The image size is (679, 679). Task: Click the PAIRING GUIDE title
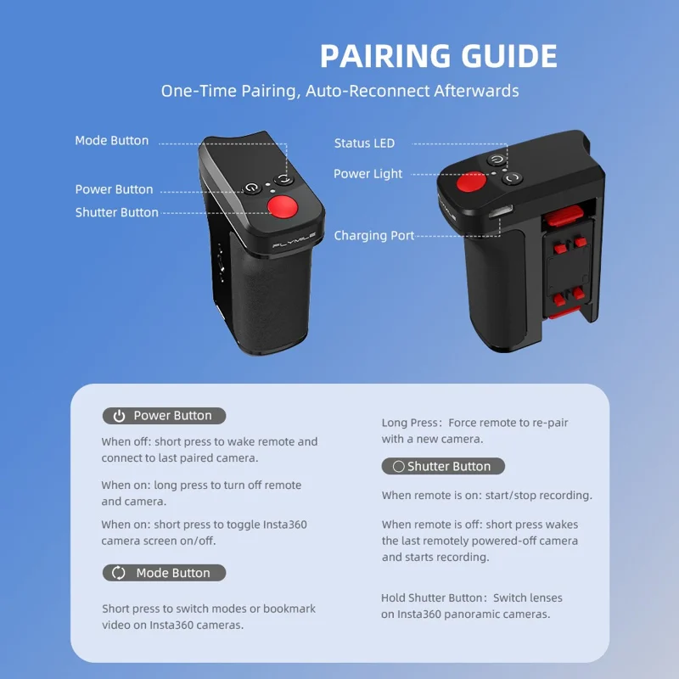(438, 56)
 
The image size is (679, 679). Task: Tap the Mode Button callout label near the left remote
(112, 140)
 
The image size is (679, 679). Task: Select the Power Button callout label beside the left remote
(114, 189)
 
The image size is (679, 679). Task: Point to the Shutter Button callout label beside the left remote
(117, 212)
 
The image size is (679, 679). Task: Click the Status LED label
(364, 143)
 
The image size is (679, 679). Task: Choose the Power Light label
(368, 174)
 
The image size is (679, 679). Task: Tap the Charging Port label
(374, 236)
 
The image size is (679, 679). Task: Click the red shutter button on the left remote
(283, 206)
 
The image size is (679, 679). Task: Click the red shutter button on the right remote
(471, 182)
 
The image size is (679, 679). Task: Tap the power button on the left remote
(252, 188)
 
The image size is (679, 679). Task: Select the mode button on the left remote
(284, 179)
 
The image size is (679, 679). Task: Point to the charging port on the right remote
(501, 211)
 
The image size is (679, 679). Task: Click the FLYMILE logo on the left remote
(294, 240)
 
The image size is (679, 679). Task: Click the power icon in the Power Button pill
(119, 416)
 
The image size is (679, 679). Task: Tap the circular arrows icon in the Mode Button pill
(118, 573)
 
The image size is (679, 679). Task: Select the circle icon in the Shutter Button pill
(398, 466)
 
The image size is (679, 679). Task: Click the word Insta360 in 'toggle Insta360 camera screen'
(285, 525)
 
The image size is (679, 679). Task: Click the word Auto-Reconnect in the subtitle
(368, 91)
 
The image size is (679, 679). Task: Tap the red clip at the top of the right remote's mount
(564, 216)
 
